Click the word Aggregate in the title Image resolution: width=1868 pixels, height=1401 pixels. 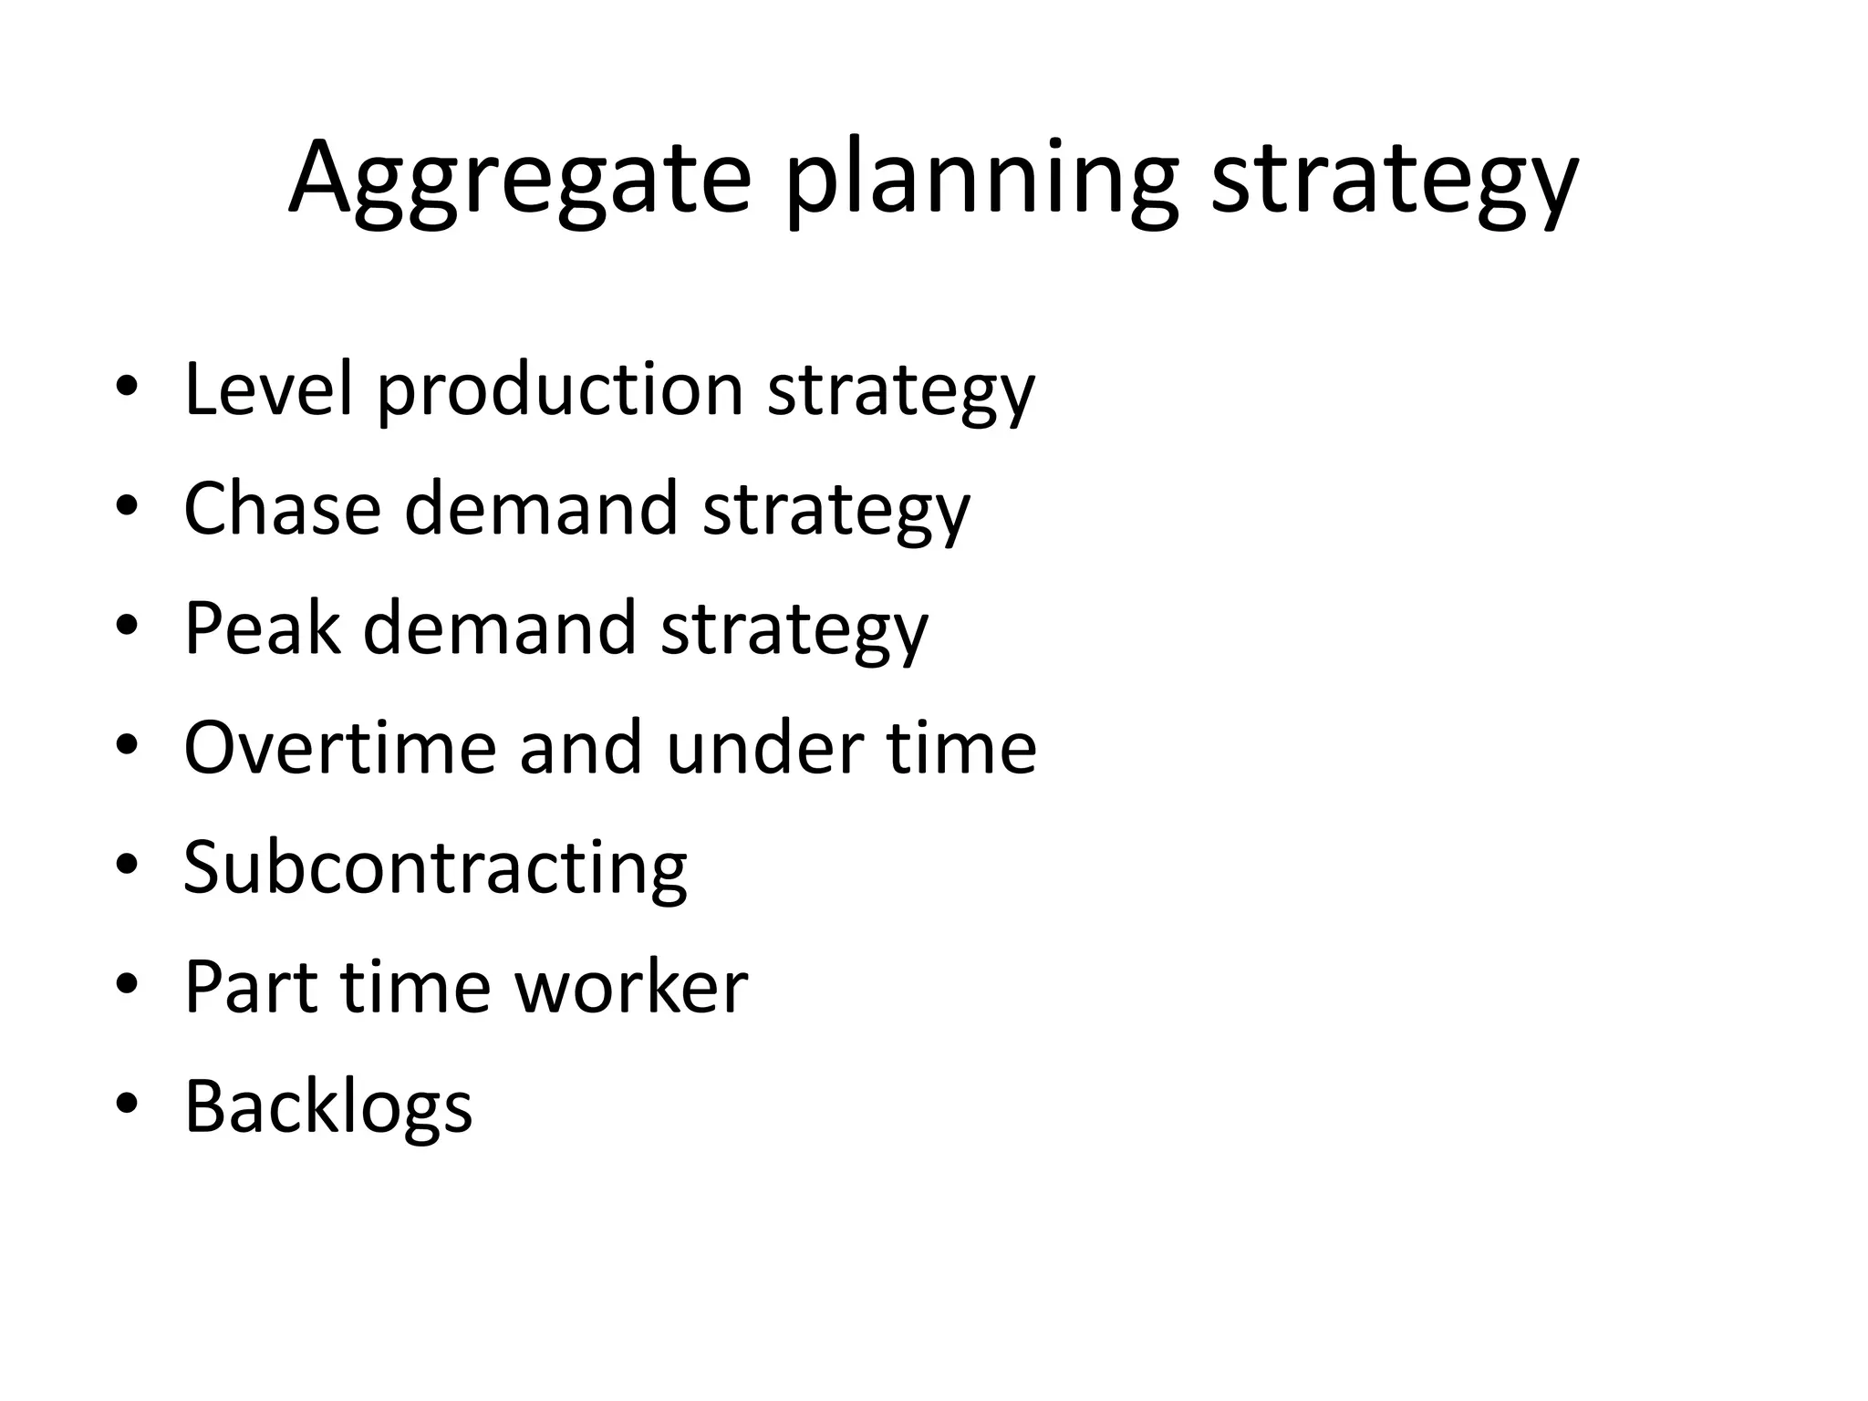point(519,180)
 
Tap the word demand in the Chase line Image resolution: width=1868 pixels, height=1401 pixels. point(541,509)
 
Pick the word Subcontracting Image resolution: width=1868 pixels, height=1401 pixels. point(435,869)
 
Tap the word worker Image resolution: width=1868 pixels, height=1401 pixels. point(631,987)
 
